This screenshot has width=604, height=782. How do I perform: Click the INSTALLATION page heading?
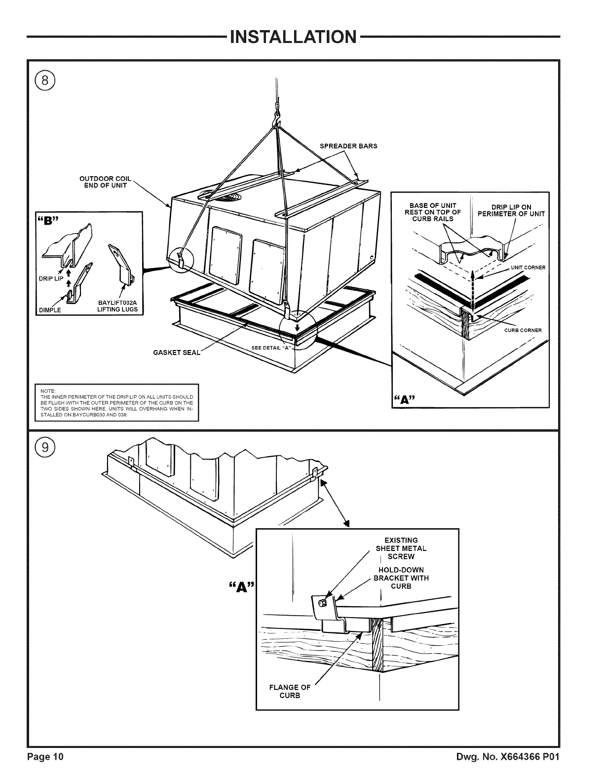point(293,37)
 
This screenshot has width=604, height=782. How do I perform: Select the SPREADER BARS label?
point(348,146)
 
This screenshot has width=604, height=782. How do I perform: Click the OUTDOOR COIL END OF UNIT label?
point(104,182)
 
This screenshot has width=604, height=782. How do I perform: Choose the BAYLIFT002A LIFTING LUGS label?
point(118,306)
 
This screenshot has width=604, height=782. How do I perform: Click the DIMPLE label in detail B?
point(50,310)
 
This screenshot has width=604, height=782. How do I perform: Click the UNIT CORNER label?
point(528,268)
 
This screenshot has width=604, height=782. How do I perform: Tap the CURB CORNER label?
point(523,330)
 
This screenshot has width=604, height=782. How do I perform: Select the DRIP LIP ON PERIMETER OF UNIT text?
point(511,210)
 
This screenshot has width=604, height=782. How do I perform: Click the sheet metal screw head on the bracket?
point(322,603)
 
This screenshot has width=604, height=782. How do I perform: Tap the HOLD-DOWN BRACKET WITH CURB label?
point(401,578)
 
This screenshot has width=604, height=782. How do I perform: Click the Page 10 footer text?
point(45,771)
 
